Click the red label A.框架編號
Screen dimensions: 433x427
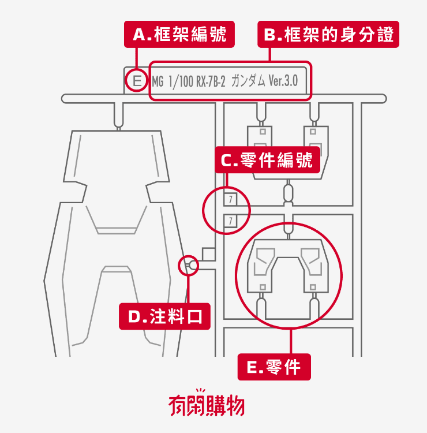pyautogui.click(x=179, y=35)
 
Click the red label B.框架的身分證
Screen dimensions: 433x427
pyautogui.click(x=328, y=35)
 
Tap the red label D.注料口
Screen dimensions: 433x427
pyautogui.click(x=164, y=316)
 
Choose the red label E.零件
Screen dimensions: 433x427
pyautogui.click(x=274, y=367)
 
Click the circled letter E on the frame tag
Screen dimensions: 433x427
pyautogui.click(x=136, y=80)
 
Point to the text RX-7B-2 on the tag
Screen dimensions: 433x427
pyautogui.click(x=211, y=81)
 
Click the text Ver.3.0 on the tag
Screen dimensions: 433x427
pyautogui.click(x=283, y=81)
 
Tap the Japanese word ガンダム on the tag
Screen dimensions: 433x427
pyautogui.click(x=248, y=81)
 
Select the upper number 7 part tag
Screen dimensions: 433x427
pyautogui.click(x=230, y=200)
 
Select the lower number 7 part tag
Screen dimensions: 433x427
pyautogui.click(x=230, y=221)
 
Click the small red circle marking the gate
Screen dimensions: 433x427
pyautogui.click(x=189, y=265)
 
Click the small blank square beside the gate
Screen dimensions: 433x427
pyautogui.click(x=208, y=255)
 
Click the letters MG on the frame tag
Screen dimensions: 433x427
pyautogui.click(x=158, y=81)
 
